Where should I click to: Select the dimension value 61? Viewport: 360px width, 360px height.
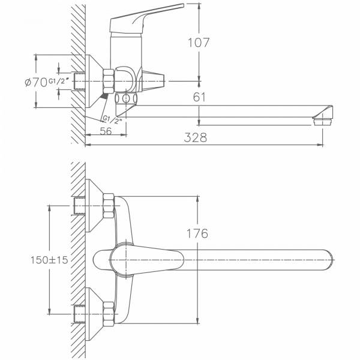[200, 96]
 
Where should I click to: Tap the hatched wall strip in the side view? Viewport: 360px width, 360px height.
[76, 72]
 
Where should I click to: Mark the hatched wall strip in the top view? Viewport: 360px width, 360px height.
[76, 258]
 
